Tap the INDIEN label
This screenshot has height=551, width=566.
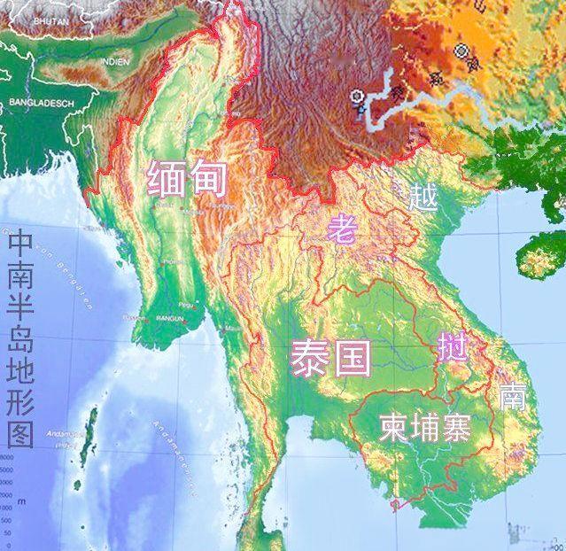pos(114,61)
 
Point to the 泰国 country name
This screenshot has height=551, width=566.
pos(329,357)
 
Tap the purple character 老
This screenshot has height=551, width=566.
pos(340,229)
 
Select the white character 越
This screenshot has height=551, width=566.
pos(423,196)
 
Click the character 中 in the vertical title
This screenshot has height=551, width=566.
pos(19,243)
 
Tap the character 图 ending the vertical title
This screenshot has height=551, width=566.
pos(19,434)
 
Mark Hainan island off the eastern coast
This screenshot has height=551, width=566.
pos(540,256)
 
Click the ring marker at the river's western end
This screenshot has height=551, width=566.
pos(357,97)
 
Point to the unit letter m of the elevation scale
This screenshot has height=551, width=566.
pos(8,501)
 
